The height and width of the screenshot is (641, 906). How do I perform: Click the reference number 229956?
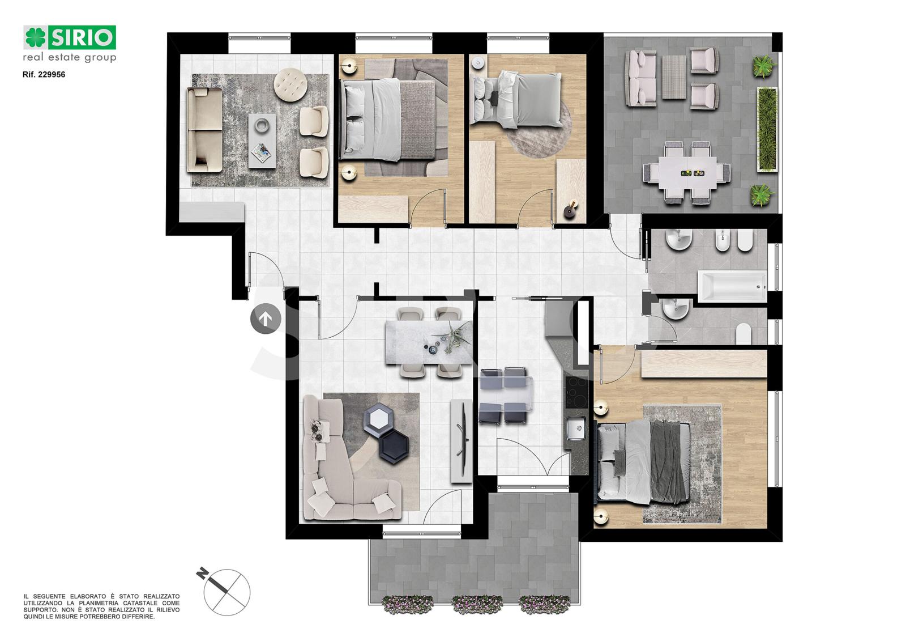point(52,75)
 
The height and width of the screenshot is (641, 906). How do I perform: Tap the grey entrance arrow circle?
point(266,319)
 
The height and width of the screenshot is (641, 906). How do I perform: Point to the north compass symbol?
point(224,592)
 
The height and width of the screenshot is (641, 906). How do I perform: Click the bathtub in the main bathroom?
point(732,287)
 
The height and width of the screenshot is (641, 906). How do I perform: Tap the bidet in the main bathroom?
point(721,241)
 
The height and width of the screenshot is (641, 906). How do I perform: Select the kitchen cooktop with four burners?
point(577,392)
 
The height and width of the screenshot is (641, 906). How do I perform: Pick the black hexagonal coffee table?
point(393,446)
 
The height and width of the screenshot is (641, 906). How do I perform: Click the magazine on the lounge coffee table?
point(261,152)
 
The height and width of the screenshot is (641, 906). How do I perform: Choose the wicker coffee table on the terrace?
point(673,77)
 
